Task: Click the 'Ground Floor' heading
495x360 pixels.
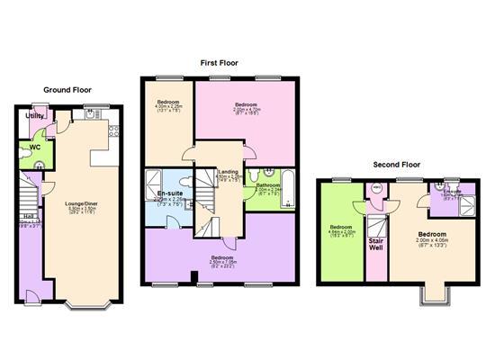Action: pos(68,89)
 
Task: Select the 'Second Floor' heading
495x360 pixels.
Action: pos(397,165)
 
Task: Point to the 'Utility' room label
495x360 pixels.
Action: pos(34,116)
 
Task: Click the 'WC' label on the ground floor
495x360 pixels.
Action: pos(35,146)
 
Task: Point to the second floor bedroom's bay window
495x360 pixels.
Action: pos(436,296)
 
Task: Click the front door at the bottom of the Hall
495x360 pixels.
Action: pos(30,300)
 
